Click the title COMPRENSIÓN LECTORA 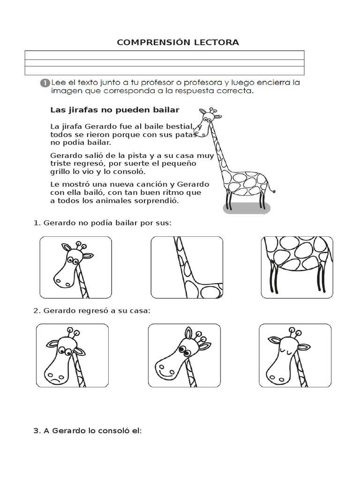[x=178, y=42]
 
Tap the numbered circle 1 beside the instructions [x=44, y=83]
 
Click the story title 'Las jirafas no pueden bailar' [x=115, y=110]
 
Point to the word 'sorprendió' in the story [x=159, y=201]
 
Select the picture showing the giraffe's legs [x=297, y=267]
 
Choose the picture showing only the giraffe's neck [x=186, y=267]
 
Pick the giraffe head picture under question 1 [x=75, y=267]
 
